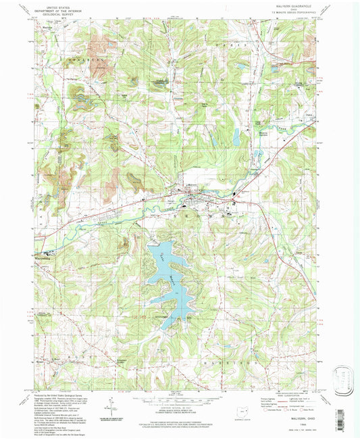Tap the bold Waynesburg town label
tap(40, 257)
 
